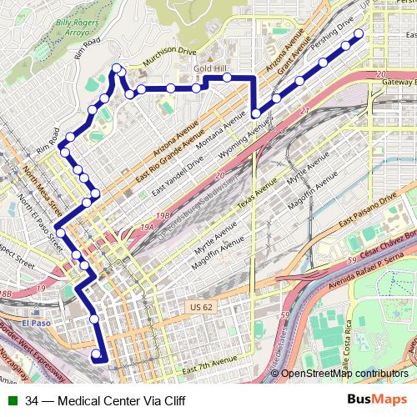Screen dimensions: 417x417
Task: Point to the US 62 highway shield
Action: (197, 308)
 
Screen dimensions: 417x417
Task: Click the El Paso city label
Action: (37, 323)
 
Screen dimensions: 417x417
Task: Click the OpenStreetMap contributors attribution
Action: (344, 374)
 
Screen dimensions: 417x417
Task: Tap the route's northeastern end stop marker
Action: (359, 34)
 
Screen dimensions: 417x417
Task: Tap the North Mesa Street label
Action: (43, 190)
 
